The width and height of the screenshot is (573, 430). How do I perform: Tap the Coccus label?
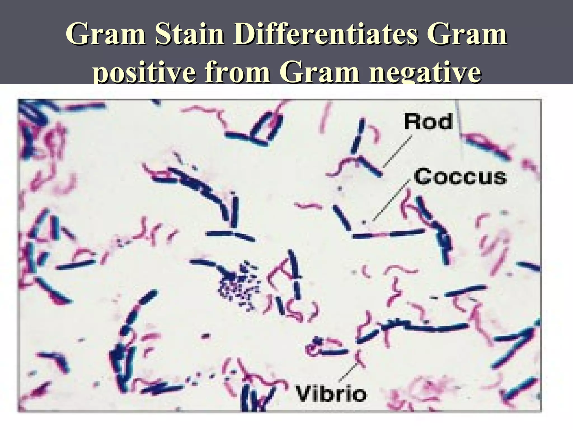point(460,177)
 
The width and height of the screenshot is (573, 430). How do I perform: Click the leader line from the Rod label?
point(397,152)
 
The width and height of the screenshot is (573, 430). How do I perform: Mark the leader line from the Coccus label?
point(391,200)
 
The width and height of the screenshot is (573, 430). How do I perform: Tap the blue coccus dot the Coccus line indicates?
point(364,223)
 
